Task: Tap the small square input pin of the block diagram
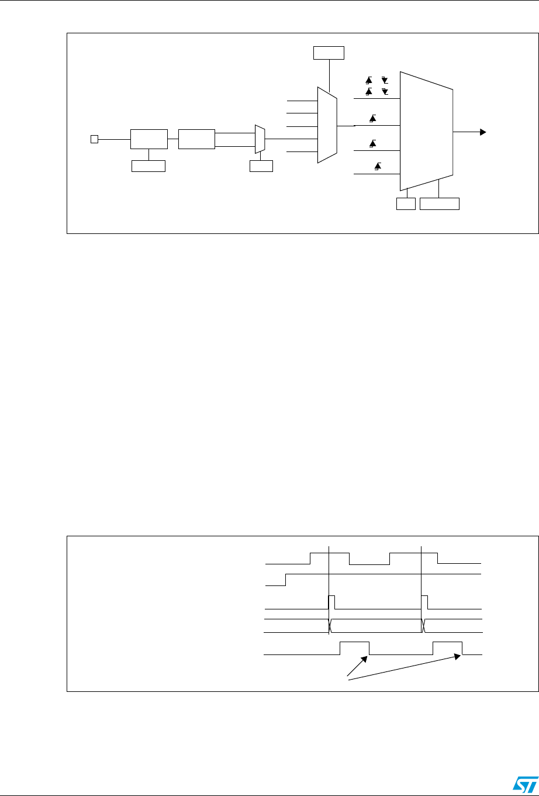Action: pyautogui.click(x=93, y=139)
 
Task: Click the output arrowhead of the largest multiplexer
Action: pyautogui.click(x=483, y=132)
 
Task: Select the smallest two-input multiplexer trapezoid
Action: pyautogui.click(x=260, y=139)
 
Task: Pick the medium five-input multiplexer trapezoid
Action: pyautogui.click(x=326, y=125)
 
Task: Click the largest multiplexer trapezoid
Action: pyautogui.click(x=426, y=132)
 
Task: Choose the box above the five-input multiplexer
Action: pyautogui.click(x=329, y=53)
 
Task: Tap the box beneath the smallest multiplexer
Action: pyautogui.click(x=261, y=166)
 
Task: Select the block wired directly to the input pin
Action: pyautogui.click(x=148, y=139)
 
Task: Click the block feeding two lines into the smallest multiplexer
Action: pyautogui.click(x=197, y=139)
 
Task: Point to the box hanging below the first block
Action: pyautogui.click(x=148, y=166)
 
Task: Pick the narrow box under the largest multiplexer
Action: pyautogui.click(x=406, y=204)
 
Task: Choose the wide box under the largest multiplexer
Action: pyautogui.click(x=440, y=204)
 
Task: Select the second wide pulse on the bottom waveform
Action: pyautogui.click(x=448, y=647)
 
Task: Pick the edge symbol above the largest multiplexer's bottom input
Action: pyautogui.click(x=377, y=167)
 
